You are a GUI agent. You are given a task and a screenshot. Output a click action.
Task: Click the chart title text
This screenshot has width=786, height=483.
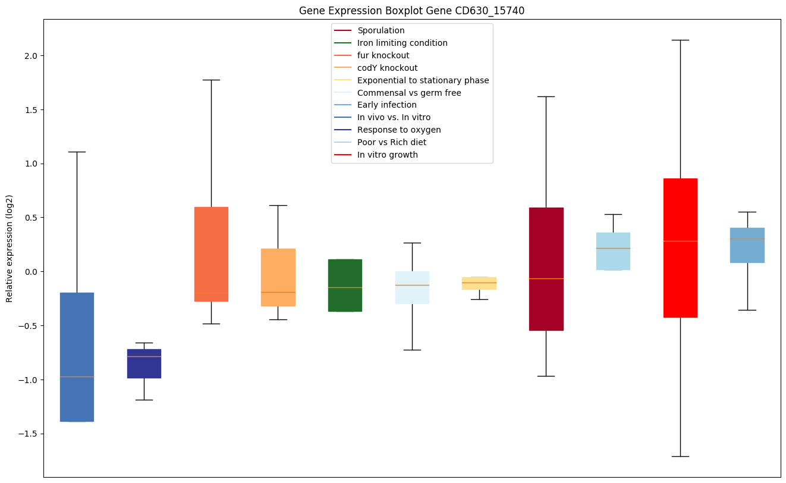(411, 10)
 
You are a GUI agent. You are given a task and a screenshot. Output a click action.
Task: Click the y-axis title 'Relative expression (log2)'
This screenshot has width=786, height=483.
(10, 248)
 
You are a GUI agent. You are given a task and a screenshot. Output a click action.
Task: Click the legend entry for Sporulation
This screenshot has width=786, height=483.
(381, 30)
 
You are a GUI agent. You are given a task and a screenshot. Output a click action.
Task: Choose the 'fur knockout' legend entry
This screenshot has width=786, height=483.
(383, 55)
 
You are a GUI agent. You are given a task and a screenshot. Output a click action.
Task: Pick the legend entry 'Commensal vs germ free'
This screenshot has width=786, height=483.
(409, 93)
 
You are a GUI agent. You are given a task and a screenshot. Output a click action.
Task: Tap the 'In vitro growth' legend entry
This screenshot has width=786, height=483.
(387, 155)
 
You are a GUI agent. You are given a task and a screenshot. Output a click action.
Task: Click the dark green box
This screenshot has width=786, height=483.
(345, 285)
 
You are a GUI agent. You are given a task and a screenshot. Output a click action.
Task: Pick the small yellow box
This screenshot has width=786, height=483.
(479, 283)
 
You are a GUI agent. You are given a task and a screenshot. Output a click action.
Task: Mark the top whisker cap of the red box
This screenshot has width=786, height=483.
(680, 40)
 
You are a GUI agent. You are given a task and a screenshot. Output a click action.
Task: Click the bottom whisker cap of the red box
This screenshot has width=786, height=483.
(680, 456)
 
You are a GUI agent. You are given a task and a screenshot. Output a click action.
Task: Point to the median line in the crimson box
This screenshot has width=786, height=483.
(546, 278)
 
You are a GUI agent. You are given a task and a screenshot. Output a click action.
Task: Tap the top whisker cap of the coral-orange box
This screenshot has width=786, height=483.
(211, 80)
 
